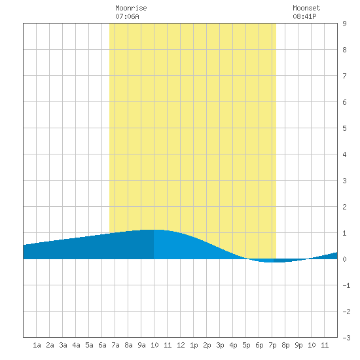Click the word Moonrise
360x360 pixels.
pos(131,8)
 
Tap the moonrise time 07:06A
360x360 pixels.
pos(127,16)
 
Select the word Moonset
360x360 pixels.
pos(306,8)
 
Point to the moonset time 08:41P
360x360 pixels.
pos(304,16)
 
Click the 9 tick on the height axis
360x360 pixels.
pos(344,24)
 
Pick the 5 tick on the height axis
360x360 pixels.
pos(344,128)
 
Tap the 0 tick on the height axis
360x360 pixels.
pos(344,259)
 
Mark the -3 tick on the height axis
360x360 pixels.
pos(346,338)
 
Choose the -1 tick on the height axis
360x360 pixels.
pos(346,285)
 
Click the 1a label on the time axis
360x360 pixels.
pos(37,345)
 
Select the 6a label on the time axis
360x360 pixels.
pos(102,345)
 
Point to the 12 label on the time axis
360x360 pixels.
pos(181,345)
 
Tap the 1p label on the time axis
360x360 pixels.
pos(194,345)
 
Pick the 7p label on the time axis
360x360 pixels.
pos(272,345)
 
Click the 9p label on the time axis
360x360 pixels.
pos(298,345)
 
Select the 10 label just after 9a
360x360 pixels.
pos(154,345)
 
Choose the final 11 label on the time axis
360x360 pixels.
pos(325,345)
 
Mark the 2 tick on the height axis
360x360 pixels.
pos(344,207)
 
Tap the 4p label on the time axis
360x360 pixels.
pos(233,345)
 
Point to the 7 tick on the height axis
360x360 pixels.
pos(344,76)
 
